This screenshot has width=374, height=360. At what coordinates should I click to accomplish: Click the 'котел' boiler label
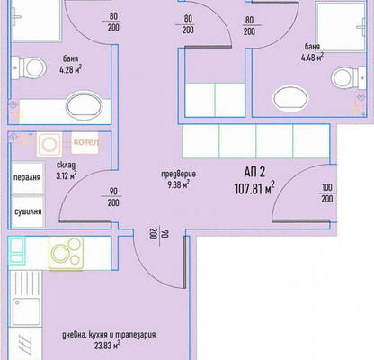[85, 142]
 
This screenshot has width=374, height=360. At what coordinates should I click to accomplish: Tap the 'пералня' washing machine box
[28, 178]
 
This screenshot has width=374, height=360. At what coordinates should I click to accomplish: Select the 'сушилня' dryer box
[28, 211]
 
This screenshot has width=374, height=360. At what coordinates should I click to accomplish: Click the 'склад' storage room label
[66, 166]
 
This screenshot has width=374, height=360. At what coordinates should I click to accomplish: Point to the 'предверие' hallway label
[179, 174]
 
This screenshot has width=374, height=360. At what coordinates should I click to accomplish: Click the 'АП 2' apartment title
[254, 172]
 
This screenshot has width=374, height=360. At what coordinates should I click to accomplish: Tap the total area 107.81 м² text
[254, 189]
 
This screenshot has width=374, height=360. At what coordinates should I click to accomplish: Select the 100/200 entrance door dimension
[327, 193]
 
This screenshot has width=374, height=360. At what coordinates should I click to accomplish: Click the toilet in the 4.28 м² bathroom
[29, 67]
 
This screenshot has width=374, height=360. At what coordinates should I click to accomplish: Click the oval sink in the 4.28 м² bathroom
[85, 105]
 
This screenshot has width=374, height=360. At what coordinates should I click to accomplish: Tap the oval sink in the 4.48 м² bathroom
[290, 99]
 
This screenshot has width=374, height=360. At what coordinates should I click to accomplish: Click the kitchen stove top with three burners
[67, 253]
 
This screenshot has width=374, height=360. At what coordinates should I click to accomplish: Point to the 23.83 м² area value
[107, 346]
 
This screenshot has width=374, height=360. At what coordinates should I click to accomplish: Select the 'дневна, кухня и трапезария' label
[109, 335]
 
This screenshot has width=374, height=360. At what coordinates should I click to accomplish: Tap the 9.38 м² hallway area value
[179, 184]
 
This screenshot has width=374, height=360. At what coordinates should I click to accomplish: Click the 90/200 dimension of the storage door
[113, 197]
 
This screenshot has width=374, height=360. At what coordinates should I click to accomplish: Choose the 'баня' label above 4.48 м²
[312, 47]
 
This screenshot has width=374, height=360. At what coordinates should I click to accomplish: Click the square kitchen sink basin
[26, 311]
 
